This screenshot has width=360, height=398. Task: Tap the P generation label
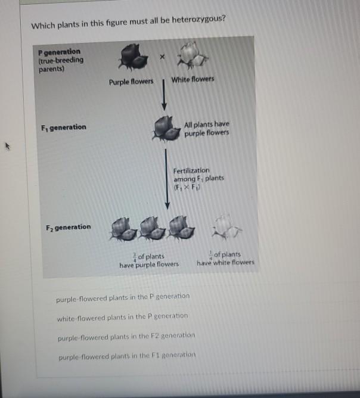click(59, 52)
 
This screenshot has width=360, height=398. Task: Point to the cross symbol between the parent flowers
click(162, 55)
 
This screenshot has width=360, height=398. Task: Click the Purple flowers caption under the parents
click(131, 82)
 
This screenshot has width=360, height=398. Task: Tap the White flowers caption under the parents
click(193, 79)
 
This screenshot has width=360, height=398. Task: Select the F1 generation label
click(63, 127)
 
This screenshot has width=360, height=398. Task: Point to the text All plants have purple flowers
click(206, 128)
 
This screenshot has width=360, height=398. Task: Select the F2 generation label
click(68, 227)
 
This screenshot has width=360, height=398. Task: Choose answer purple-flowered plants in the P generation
click(122, 296)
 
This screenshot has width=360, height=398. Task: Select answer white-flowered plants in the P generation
click(122, 316)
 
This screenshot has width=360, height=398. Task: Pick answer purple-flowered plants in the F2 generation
click(126, 336)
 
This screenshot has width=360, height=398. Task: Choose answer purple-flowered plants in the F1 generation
click(126, 356)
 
